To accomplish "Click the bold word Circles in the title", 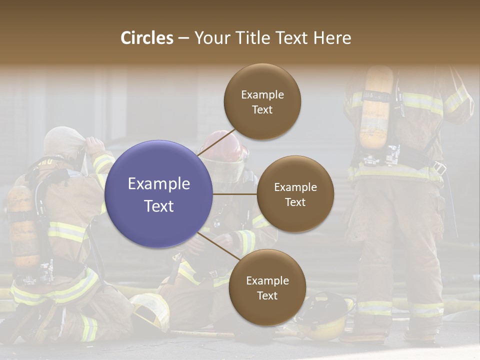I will [x=147, y=38].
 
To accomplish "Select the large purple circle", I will [x=159, y=194].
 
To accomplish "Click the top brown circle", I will [x=262, y=101].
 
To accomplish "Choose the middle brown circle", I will [x=295, y=194].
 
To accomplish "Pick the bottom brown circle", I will [x=267, y=287].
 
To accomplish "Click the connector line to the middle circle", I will [x=235, y=194].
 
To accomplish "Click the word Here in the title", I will [x=332, y=38].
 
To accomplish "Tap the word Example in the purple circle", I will [x=159, y=184].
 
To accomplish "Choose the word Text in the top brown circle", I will [x=262, y=109].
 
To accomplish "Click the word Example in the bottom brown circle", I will [x=267, y=280].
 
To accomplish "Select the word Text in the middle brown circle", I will [x=295, y=202].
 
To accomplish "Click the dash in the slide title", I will [x=183, y=38].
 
